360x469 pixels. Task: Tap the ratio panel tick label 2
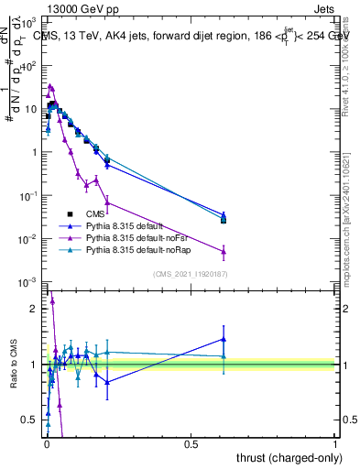coord(37,309)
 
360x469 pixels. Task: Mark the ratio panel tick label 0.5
coord(33,420)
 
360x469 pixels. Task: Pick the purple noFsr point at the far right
coord(224,251)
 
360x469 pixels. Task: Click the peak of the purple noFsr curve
coord(50,86)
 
